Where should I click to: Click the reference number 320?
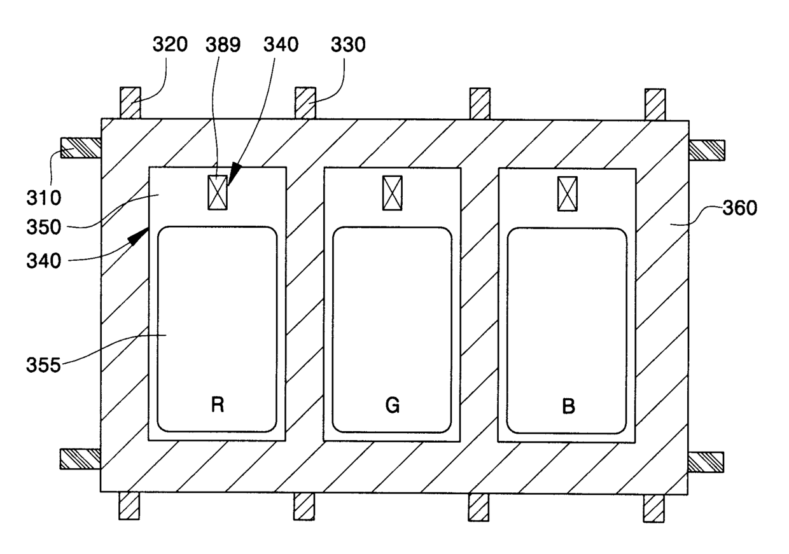[170, 45]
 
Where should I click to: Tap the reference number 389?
[223, 45]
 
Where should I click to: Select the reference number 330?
[347, 45]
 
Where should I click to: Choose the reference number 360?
[739, 208]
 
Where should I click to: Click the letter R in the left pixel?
[218, 405]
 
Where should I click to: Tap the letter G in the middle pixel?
[393, 406]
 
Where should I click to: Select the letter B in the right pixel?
[568, 406]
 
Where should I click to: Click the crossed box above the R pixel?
[218, 193]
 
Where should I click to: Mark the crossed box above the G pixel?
[392, 193]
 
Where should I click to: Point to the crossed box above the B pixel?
[567, 193]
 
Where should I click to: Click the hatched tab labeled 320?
[130, 102]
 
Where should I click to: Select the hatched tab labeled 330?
[305, 102]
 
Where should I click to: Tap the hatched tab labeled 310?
[80, 148]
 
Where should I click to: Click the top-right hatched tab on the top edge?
[655, 104]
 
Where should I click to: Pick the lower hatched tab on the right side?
[706, 462]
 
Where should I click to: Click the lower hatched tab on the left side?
[80, 459]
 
